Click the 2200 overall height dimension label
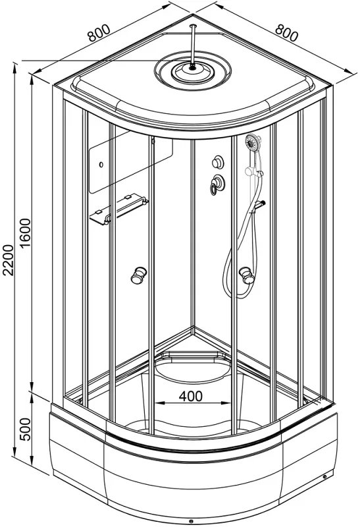(8, 260)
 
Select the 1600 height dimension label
(25, 233)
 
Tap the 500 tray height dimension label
(25, 430)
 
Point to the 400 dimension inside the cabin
(191, 397)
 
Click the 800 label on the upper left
(99, 32)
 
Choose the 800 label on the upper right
(286, 32)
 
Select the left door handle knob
(138, 275)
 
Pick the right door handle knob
(247, 275)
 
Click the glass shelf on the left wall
(118, 209)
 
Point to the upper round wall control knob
(219, 162)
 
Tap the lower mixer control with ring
(218, 184)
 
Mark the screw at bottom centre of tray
(191, 521)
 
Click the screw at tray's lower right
(324, 476)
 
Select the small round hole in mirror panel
(101, 165)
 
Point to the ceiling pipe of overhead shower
(192, 45)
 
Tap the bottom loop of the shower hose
(239, 289)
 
